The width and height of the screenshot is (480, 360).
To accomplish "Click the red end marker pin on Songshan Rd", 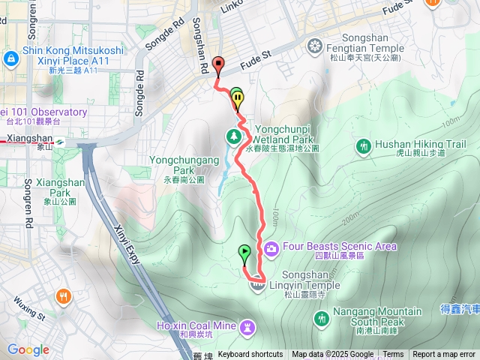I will [x=218, y=65].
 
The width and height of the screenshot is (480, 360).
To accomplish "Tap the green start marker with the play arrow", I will [x=244, y=253].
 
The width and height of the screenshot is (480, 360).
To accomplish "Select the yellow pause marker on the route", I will [x=238, y=97].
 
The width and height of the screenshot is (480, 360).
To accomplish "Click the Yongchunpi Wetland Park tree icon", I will [x=233, y=136].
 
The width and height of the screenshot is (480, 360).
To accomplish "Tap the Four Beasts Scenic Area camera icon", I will [x=270, y=247].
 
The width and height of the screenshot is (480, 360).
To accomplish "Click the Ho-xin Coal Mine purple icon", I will [x=248, y=325].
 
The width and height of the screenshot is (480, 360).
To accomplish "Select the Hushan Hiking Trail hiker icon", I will [x=364, y=145].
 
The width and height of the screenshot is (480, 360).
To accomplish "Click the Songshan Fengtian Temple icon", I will [x=316, y=47].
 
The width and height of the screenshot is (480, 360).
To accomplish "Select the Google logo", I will [x=28, y=349].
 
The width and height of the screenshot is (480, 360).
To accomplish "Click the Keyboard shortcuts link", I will [x=250, y=355].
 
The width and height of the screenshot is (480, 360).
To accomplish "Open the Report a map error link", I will [x=444, y=355].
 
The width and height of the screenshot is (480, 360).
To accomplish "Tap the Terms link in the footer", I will [x=393, y=355].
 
